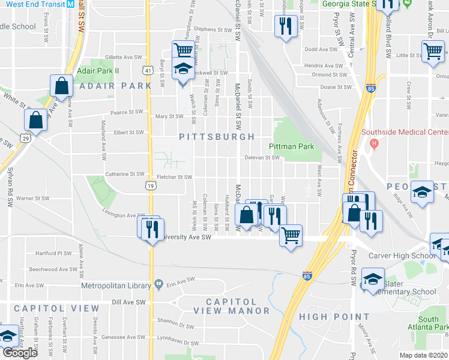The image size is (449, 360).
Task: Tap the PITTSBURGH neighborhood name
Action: pyautogui.click(x=217, y=137)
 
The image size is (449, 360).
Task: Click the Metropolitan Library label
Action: pyautogui.click(x=116, y=284)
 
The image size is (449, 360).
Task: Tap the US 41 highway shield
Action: pyautogui.click(x=147, y=71)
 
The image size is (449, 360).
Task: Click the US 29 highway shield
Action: pyautogui.click(x=26, y=138)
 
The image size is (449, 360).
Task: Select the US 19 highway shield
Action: pyautogui.click(x=150, y=187)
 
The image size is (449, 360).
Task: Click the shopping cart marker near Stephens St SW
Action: pyautogui.click(x=182, y=50)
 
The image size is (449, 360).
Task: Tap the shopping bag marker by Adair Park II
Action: pyautogui.click(x=61, y=86)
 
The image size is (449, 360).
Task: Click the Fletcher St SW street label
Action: pyautogui.click(x=174, y=177)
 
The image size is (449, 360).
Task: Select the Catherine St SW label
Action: pyautogui.click(x=125, y=174)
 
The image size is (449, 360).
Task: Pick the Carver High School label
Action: pyautogui.click(x=401, y=256)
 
